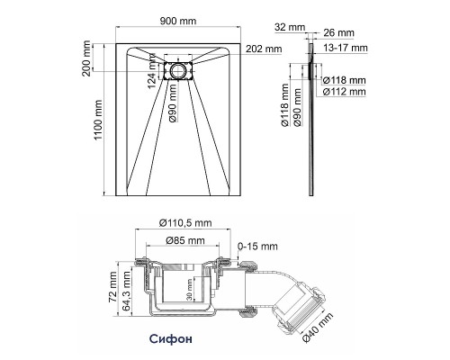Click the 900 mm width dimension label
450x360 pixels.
tap(178, 21)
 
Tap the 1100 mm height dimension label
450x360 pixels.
tap(98, 120)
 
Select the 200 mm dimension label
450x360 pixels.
tap(86, 58)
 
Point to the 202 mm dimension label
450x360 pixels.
tap(264, 49)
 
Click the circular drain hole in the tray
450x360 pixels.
tap(178, 71)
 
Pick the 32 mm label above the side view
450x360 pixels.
tap(290, 27)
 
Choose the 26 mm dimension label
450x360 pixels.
tap(338, 32)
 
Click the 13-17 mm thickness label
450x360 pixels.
tap(346, 48)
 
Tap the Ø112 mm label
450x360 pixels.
tap(344, 92)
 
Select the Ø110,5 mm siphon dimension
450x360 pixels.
tap(185, 223)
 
